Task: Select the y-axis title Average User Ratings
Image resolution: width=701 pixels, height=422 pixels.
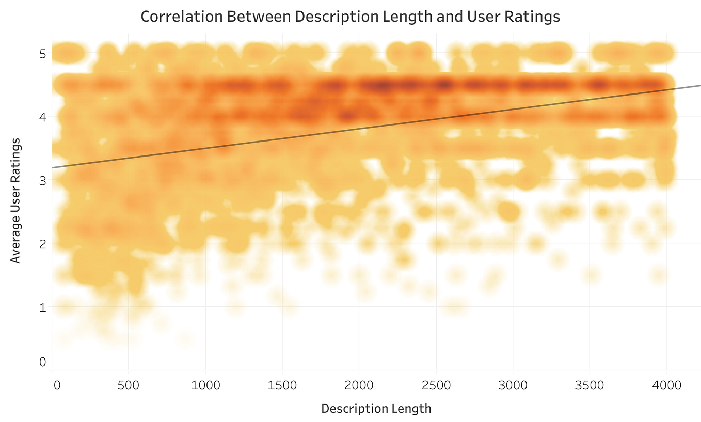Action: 16,200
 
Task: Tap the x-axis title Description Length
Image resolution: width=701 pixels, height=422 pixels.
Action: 376,409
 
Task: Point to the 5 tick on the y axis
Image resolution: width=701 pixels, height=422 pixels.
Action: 42,54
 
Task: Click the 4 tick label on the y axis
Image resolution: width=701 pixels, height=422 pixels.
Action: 42,117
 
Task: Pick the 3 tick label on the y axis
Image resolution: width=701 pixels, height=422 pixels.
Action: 42,181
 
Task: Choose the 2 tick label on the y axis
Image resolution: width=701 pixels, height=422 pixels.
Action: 42,244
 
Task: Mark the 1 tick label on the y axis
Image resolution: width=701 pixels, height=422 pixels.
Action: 42,307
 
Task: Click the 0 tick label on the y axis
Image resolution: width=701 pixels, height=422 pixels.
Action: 42,362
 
